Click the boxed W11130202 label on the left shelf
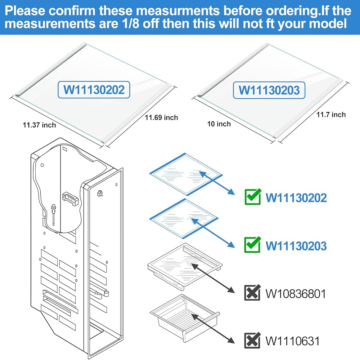(94, 89)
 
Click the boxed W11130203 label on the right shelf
(269, 90)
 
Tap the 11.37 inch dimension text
(39, 125)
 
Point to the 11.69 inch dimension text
(161, 117)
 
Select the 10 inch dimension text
(219, 124)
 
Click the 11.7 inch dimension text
(331, 115)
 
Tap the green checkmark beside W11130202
(253, 197)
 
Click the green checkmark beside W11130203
(253, 245)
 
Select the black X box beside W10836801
(252, 293)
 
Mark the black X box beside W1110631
(252, 340)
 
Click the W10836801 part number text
(296, 293)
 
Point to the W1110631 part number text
(292, 341)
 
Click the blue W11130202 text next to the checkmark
(296, 197)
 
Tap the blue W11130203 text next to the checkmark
(296, 246)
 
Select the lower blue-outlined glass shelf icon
(184, 219)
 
